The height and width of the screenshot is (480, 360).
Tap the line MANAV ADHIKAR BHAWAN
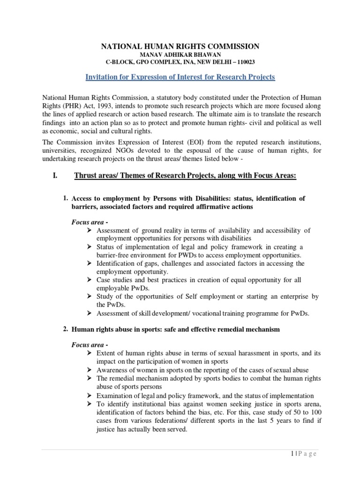180,54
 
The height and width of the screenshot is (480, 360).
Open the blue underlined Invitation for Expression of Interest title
180,76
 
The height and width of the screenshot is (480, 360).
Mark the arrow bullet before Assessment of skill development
90,314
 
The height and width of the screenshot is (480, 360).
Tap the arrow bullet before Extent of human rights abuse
90,353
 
